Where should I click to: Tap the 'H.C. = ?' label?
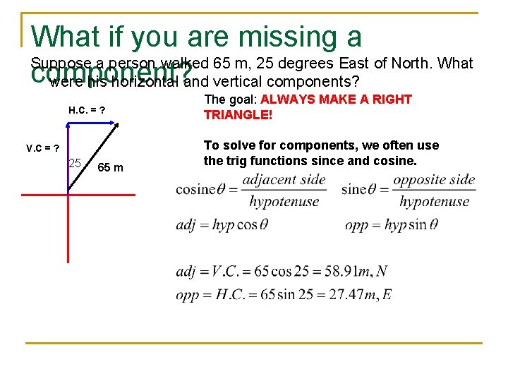click(87, 110)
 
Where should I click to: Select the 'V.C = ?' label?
click(42, 148)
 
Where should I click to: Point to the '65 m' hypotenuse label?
click(110, 167)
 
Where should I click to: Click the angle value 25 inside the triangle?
click(76, 164)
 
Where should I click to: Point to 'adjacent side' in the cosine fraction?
click(284, 179)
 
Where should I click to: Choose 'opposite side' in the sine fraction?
click(434, 179)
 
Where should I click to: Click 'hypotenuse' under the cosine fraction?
click(284, 202)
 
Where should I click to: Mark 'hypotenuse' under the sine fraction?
click(434, 202)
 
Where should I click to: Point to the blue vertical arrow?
click(68, 157)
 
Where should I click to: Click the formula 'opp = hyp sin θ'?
click(392, 225)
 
